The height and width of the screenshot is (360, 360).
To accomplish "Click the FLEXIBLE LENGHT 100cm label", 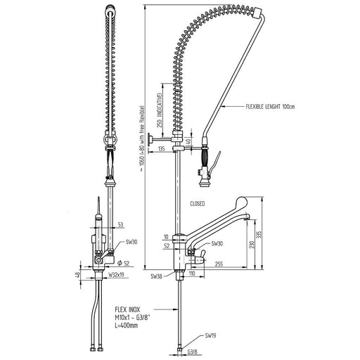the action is pyautogui.click(x=270, y=107).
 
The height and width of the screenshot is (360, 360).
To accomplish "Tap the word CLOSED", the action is pyautogui.click(x=198, y=204).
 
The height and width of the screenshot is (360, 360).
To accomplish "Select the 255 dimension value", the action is pyautogui.click(x=219, y=264).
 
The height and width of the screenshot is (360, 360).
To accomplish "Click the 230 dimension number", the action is pyautogui.click(x=252, y=245).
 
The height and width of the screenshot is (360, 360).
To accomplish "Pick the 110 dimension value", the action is pyautogui.click(x=192, y=274).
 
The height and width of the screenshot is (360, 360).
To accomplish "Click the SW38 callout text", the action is pyautogui.click(x=156, y=276).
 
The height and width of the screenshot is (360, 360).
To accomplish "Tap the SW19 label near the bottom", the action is pyautogui.click(x=210, y=335).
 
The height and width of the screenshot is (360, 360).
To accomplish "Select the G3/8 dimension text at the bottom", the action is pyautogui.click(x=192, y=352).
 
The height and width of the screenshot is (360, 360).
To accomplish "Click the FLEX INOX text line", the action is pyautogui.click(x=127, y=309).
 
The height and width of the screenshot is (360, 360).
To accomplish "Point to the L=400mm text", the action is pyautogui.click(x=127, y=326).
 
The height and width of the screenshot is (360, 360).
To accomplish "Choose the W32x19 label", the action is pyautogui.click(x=116, y=275).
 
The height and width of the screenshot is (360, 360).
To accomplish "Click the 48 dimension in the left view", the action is pyautogui.click(x=77, y=274).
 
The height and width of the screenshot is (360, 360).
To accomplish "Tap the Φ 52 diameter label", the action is pyautogui.click(x=123, y=264).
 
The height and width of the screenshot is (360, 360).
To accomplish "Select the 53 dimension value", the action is pyautogui.click(x=120, y=225).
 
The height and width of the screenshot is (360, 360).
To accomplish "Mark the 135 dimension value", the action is pyautogui.click(x=162, y=148).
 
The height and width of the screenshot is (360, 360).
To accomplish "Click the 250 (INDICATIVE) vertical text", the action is pyautogui.click(x=160, y=110).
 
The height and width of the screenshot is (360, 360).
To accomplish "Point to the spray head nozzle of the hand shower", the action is pyautogui.click(x=204, y=183).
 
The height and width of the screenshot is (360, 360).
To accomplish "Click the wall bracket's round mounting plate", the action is pyautogui.click(x=149, y=143).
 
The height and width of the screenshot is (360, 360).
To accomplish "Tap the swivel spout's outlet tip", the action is pyautogui.click(x=245, y=218).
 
